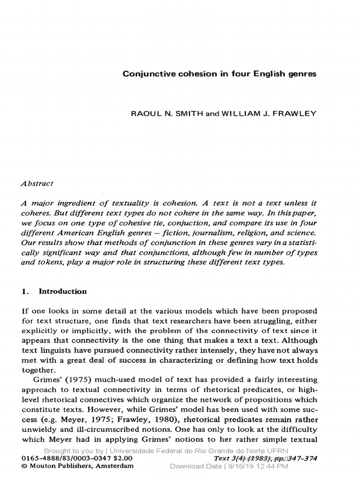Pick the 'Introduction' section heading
click(x=62, y=291)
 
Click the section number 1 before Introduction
click(x=24, y=291)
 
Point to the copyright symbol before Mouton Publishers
click(x=25, y=466)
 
